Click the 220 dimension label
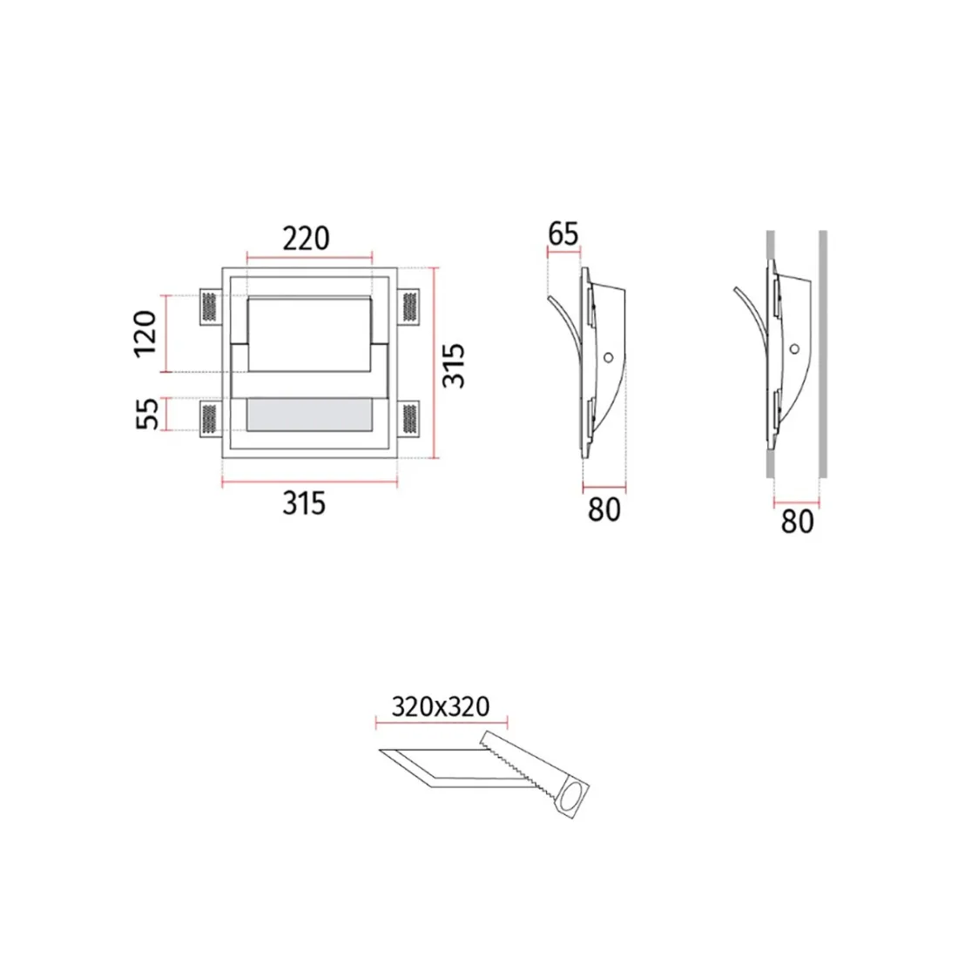tap(306, 239)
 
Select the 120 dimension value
tap(145, 334)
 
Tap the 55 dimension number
tap(146, 414)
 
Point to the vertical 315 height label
tap(454, 366)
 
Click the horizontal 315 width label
tap(304, 503)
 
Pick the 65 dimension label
tap(563, 233)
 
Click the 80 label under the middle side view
tap(604, 509)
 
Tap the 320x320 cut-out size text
tap(441, 707)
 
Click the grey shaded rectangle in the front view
tap(309, 415)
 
